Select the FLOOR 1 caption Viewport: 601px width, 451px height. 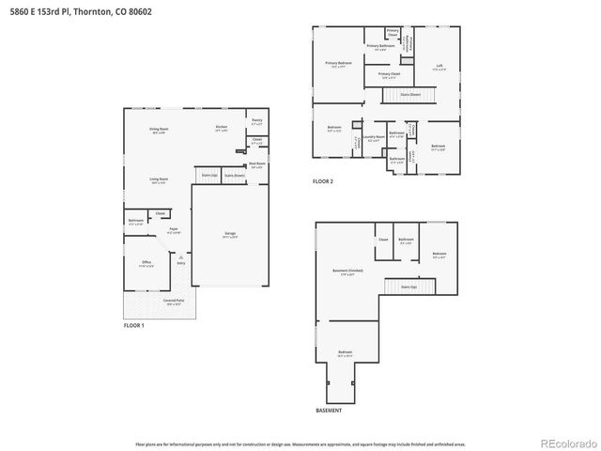pyautogui.click(x=134, y=325)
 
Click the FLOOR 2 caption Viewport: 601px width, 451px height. pyautogui.click(x=323, y=180)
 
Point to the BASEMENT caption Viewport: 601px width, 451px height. pyautogui.click(x=329, y=411)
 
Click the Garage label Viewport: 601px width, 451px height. pyautogui.click(x=229, y=234)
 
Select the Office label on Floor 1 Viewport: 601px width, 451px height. pyautogui.click(x=146, y=262)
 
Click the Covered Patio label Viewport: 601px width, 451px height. pyautogui.click(x=173, y=302)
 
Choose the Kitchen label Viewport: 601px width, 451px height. pyautogui.click(x=222, y=128)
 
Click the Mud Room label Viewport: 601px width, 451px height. pyautogui.click(x=256, y=164)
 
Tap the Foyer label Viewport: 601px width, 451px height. pyautogui.click(x=173, y=230)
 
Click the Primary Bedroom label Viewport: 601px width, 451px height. pyautogui.click(x=338, y=64)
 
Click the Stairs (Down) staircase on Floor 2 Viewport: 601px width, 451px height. pyautogui.click(x=410, y=95)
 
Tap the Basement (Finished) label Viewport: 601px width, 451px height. pyautogui.click(x=347, y=272)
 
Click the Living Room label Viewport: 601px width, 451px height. pyautogui.click(x=159, y=180)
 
